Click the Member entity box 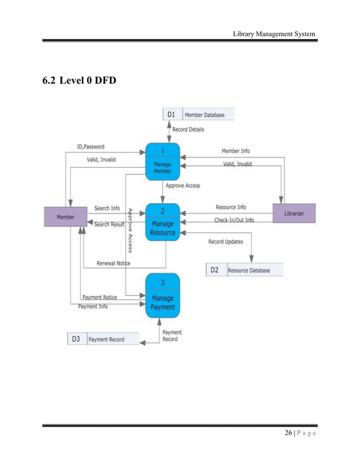(x=65, y=217)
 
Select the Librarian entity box (x=293, y=214)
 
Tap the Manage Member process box (x=163, y=161)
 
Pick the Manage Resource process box (x=163, y=222)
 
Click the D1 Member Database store (x=198, y=115)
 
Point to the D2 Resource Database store (x=244, y=270)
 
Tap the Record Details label (x=188, y=129)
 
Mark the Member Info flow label (x=235, y=151)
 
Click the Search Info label (x=107, y=208)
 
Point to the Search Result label (x=109, y=225)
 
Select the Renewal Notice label (x=113, y=263)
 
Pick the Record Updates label (x=226, y=241)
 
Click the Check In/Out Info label (x=234, y=220)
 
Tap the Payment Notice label (x=100, y=297)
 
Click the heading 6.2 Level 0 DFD (x=80, y=82)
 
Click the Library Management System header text (x=274, y=36)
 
